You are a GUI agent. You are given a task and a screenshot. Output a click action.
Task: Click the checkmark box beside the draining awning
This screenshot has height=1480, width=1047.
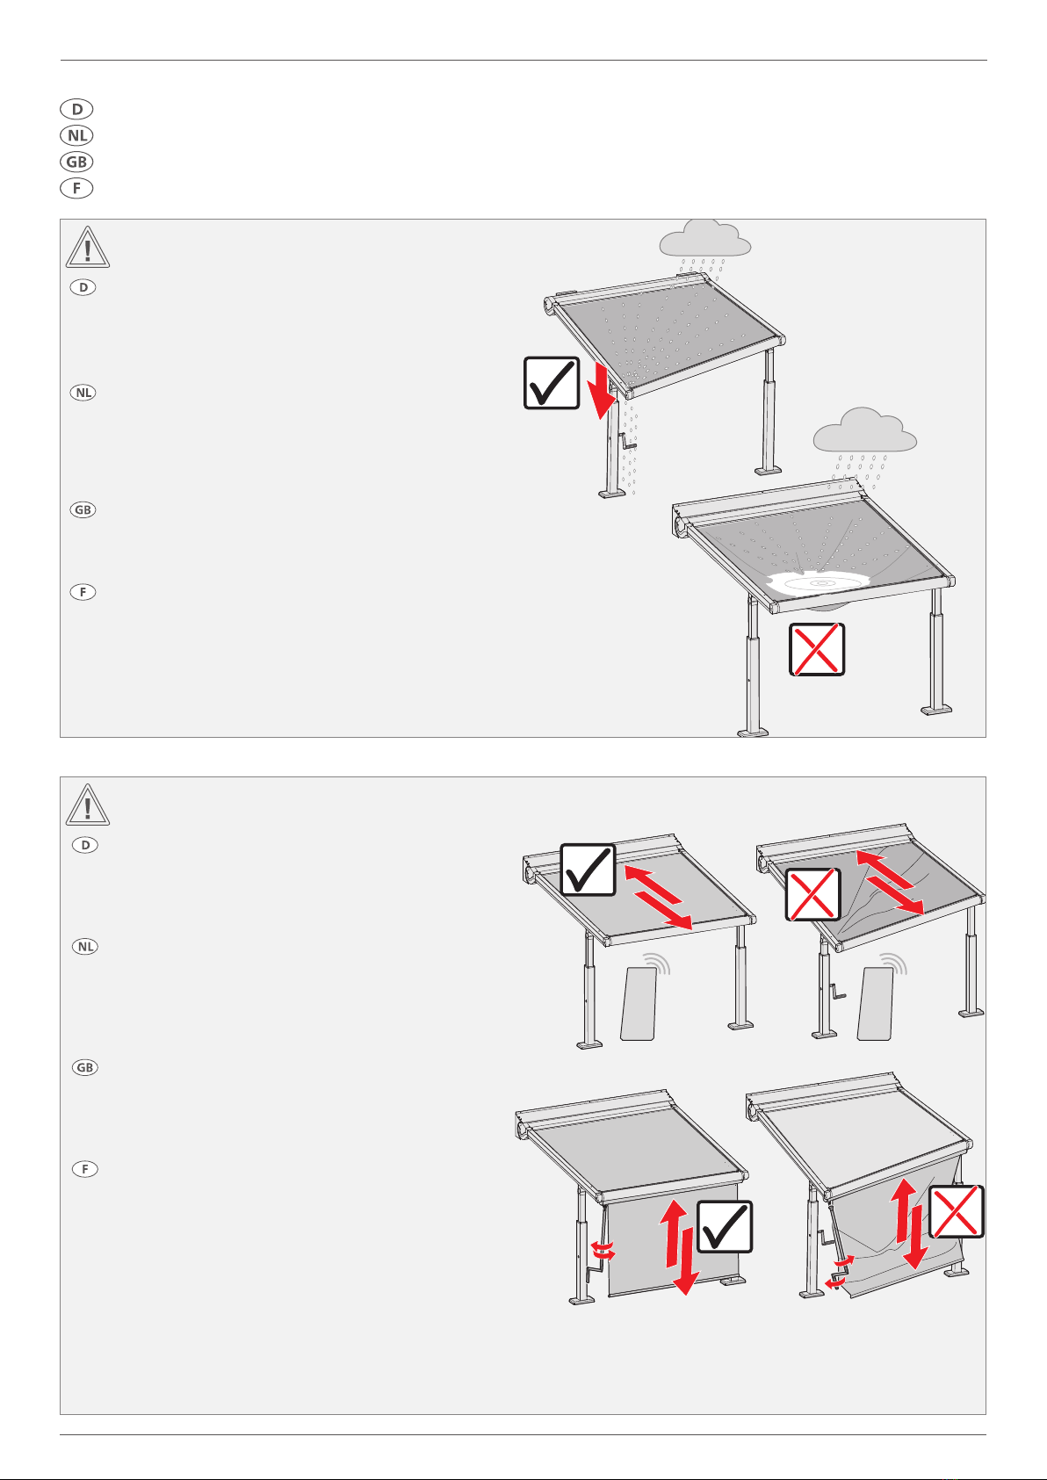pyautogui.click(x=551, y=383)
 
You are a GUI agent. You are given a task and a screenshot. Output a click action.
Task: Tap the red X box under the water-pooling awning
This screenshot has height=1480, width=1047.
pyautogui.click(x=817, y=649)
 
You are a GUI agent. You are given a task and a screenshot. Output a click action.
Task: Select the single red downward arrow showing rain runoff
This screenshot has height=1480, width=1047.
pyautogui.click(x=602, y=391)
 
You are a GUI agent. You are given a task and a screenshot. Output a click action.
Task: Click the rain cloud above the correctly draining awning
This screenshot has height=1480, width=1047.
pyautogui.click(x=704, y=239)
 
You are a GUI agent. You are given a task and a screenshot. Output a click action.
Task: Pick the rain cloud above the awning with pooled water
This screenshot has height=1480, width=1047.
pyautogui.click(x=864, y=430)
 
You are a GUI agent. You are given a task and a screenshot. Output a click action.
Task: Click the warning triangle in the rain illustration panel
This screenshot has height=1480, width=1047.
pyautogui.click(x=87, y=248)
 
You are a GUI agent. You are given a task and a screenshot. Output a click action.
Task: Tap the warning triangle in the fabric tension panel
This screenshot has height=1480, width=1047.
pyautogui.click(x=87, y=805)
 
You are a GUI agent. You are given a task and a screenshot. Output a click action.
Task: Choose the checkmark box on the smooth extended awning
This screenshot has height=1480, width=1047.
pyautogui.click(x=588, y=870)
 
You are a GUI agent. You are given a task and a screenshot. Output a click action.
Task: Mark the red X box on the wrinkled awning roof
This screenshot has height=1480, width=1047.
pyautogui.click(x=813, y=895)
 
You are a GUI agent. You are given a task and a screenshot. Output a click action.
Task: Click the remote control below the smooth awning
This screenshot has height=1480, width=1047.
pyautogui.click(x=639, y=1004)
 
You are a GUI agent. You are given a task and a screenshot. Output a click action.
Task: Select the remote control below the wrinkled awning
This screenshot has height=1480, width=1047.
pyautogui.click(x=875, y=1004)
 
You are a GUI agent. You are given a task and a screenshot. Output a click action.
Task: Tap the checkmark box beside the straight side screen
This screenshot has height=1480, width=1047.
pyautogui.click(x=725, y=1226)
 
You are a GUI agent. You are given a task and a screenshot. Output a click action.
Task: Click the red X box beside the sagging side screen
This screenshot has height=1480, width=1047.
pyautogui.click(x=957, y=1211)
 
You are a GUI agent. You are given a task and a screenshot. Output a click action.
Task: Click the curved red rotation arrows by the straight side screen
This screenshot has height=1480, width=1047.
pyautogui.click(x=603, y=1249)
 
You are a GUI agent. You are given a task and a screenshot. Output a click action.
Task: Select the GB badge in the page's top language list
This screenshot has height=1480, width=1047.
pyautogui.click(x=76, y=162)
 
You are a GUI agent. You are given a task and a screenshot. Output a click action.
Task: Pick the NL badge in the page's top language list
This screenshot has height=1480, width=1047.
pyautogui.click(x=76, y=135)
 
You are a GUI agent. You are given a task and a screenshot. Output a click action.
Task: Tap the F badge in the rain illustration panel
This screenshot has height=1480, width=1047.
pyautogui.click(x=83, y=592)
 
